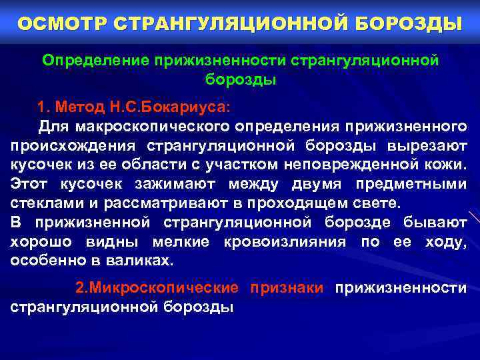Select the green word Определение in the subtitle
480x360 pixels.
(x=97, y=61)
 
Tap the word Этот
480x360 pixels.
(x=29, y=184)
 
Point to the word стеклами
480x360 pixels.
(x=43, y=203)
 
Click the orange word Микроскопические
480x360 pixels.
(x=157, y=288)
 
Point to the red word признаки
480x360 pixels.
(x=287, y=288)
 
